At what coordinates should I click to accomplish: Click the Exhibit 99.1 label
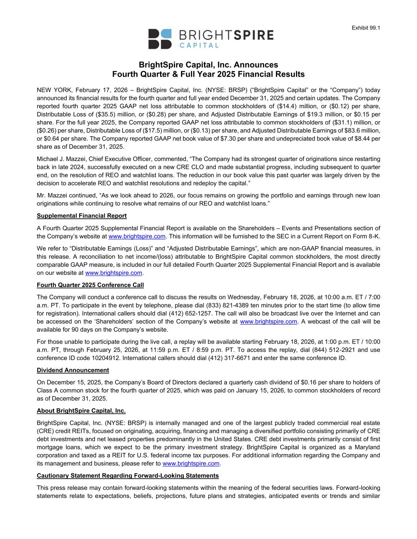tap(366, 28)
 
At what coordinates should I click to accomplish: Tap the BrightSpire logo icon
tap(160, 39)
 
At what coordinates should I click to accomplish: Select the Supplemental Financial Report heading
tap(82, 216)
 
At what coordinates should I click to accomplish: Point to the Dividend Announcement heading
tap(73, 370)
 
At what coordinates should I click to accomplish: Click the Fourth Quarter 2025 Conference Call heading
tap(90, 285)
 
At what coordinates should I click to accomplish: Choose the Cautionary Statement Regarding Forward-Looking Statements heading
tap(128, 475)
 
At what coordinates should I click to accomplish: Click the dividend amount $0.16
tap(304, 382)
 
